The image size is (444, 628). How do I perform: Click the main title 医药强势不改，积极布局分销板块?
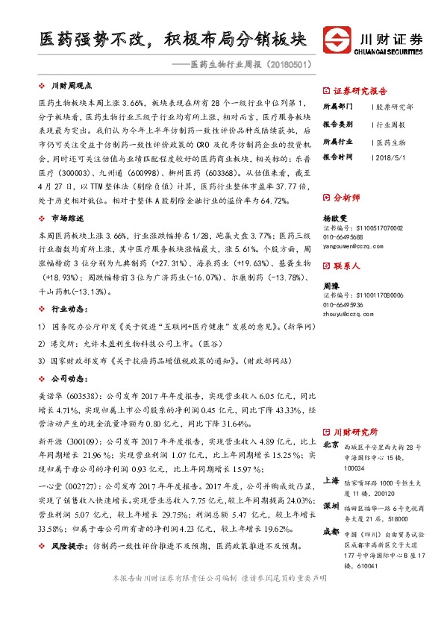coord(172,40)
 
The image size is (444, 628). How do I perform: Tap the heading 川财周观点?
coord(71,86)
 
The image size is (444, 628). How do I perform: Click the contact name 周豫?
coord(331,286)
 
